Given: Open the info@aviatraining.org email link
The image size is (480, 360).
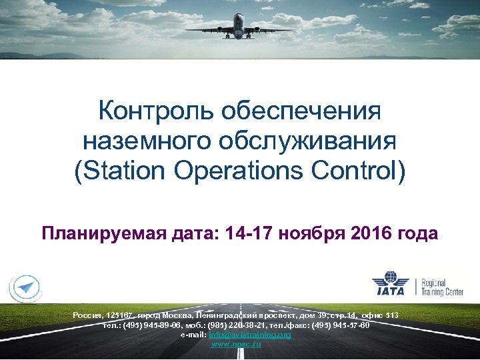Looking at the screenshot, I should point(250,334).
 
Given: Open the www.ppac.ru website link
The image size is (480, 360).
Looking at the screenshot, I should point(236,343).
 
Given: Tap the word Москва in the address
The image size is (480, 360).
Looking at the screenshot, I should point(178,314).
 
